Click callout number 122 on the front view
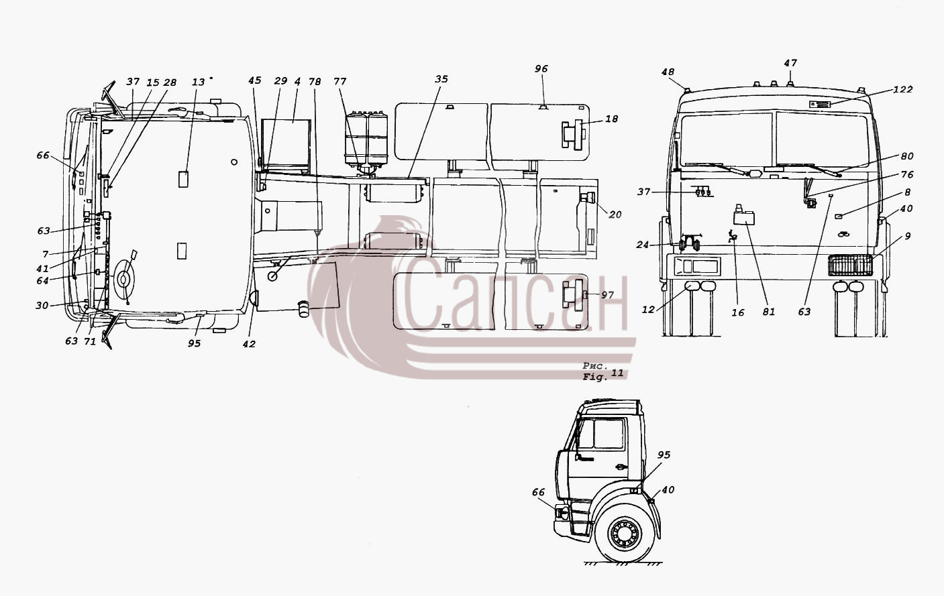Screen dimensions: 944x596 903,89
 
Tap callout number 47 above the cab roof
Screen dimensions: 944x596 790,63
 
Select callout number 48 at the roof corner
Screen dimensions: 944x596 668,72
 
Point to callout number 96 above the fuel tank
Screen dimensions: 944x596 541,68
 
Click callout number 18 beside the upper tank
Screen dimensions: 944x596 611,119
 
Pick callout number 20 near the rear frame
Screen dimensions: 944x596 615,215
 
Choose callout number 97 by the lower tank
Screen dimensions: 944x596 607,295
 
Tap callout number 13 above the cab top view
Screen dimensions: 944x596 198,82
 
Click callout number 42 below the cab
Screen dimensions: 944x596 249,344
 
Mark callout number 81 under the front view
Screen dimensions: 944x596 769,312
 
